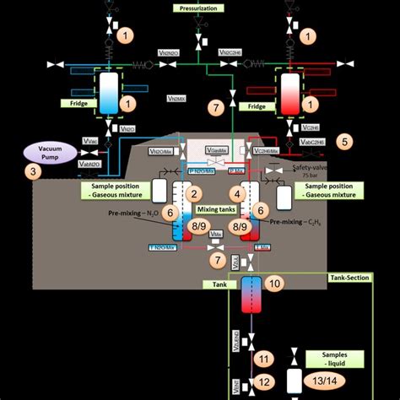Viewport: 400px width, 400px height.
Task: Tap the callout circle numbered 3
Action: [x=33, y=173]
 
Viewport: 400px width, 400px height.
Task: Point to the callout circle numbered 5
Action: [x=344, y=141]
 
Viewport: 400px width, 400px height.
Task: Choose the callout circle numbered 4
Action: [x=237, y=194]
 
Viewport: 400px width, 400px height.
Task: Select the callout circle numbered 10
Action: [x=274, y=284]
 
